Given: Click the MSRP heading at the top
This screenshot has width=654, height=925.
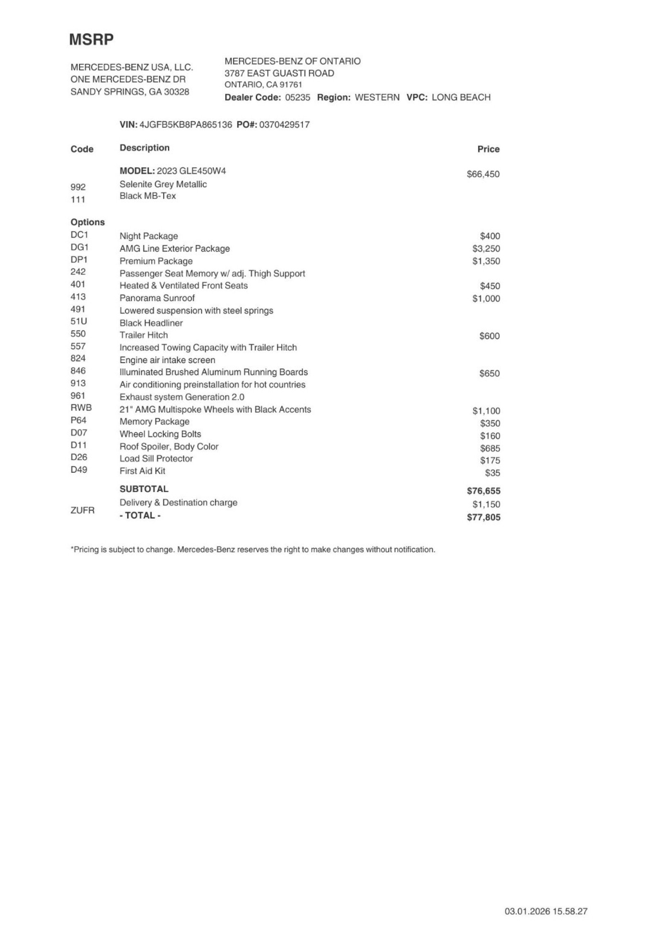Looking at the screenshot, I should point(91,40).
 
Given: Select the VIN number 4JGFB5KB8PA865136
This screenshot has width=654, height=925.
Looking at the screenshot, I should point(186,125).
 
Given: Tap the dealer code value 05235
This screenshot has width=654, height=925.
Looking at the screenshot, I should point(298,97).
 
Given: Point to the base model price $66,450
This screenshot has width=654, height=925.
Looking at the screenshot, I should point(483,174).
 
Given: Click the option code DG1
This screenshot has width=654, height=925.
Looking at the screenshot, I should point(79,247).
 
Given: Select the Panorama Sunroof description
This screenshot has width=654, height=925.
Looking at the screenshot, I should point(157,298).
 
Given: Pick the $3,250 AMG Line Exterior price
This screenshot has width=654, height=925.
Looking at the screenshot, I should point(486,249).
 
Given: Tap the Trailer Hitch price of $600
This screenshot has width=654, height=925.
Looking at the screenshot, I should point(489,336).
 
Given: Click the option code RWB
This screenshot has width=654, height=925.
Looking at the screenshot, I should point(81,408).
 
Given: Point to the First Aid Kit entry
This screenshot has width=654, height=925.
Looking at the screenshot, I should point(142,471).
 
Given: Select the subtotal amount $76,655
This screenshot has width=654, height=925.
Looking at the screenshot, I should point(484,491).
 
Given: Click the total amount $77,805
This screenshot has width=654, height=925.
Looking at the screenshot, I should point(484,518).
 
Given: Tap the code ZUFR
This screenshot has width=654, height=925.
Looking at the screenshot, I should point(82,510).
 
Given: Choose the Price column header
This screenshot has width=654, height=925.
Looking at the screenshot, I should point(488,149).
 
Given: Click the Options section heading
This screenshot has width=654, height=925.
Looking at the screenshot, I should point(87,222).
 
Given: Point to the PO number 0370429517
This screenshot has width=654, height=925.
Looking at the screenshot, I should point(284,125).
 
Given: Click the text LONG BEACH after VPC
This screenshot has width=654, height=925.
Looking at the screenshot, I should point(461,97).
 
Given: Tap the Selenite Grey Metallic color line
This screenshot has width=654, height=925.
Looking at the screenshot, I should point(163,184).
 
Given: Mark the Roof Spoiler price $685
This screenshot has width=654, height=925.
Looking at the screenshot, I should point(490,449).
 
